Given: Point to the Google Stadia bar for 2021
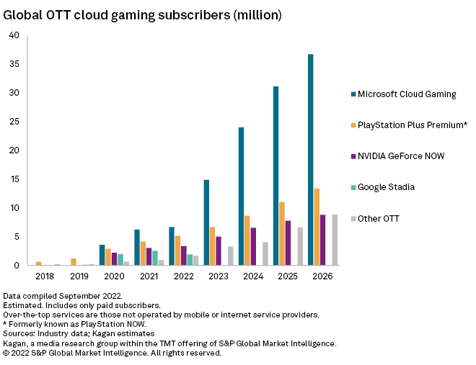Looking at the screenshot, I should [155, 258].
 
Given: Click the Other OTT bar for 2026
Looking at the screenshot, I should [335, 240].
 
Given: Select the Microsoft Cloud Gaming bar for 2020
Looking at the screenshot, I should [102, 255].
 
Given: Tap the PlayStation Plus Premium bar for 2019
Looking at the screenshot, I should [74, 262].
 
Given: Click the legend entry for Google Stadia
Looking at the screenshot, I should [386, 187].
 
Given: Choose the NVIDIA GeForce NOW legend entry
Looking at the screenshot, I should [401, 156].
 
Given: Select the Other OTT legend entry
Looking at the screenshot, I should [378, 218].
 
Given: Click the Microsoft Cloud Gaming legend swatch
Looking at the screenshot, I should [353, 94].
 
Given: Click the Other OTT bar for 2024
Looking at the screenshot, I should [265, 253].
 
